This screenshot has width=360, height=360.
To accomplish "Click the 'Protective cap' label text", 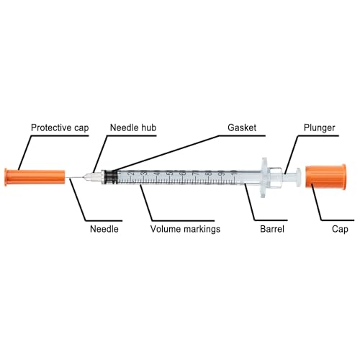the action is coord(60,127).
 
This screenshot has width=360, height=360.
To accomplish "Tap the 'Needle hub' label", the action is coord(133,127).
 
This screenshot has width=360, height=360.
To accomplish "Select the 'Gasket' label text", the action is coord(242,127).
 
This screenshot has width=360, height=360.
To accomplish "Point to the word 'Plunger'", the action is coord(319,127).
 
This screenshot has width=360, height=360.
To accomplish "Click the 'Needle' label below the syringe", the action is coord(104,229).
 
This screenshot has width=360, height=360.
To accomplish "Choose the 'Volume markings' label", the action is coord(185,229).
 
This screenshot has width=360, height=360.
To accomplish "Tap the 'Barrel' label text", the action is coord(272,229).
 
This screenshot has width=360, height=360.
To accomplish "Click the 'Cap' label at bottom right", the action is coord(340,229).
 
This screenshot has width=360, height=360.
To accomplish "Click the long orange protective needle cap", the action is coord(35,177).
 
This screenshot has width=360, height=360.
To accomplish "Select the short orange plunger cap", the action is coord(326,176).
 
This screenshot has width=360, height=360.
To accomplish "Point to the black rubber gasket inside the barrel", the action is coord(112,177).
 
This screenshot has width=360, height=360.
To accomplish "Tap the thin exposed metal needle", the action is coord(75,178).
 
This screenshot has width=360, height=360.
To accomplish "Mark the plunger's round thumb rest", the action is coord(298,177).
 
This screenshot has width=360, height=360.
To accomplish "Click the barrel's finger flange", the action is coord(264,177).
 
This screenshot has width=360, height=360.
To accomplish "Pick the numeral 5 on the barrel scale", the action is coord(170,173).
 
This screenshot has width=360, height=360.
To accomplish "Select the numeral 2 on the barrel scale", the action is coord(131,173).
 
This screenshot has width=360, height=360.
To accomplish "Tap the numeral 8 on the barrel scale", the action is coord(209,173).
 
